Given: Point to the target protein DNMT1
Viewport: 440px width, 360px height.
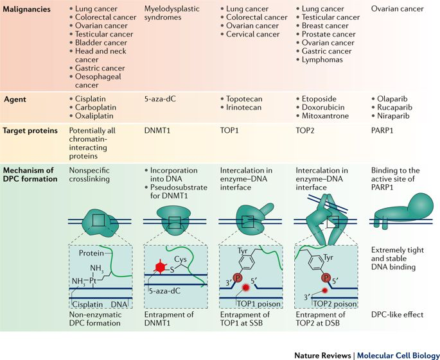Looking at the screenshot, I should tap(159, 130).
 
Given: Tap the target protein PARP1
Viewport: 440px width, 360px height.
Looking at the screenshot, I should tap(383, 130).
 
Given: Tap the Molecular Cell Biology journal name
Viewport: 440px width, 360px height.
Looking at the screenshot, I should tap(399, 354).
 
